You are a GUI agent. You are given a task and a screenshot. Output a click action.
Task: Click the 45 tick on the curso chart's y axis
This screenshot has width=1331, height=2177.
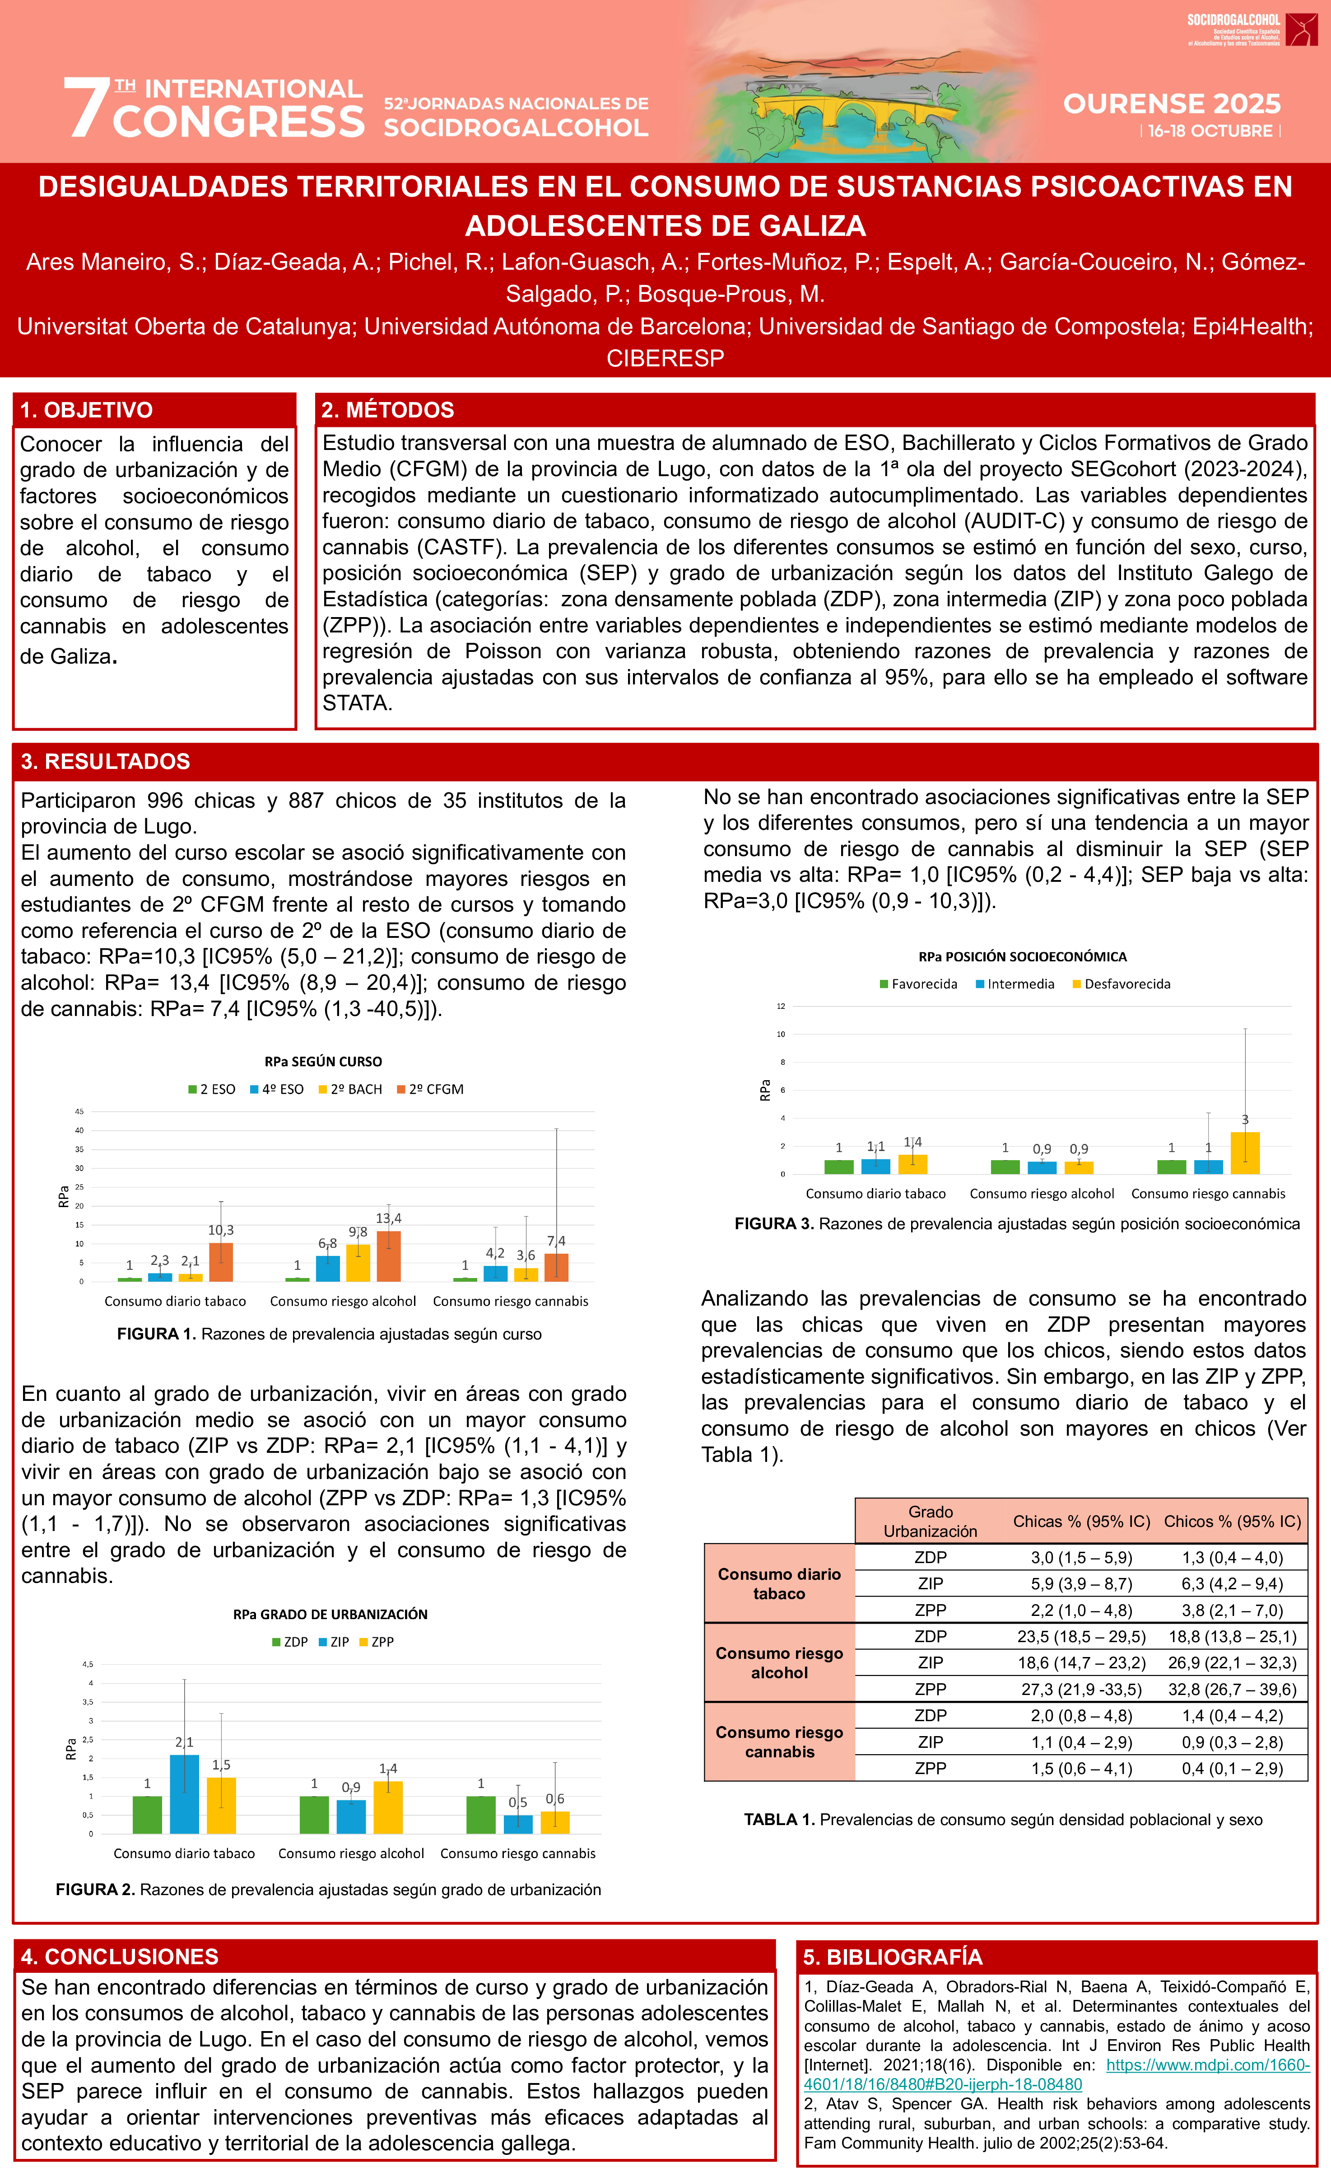click(79, 1111)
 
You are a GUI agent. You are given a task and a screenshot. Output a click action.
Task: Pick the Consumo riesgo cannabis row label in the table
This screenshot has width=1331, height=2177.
click(779, 1742)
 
